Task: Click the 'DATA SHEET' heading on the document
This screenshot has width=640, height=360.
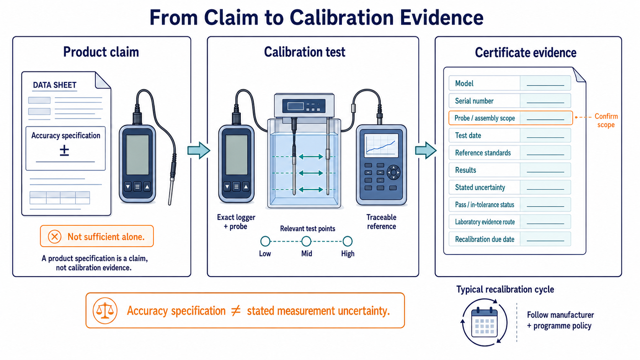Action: (x=55, y=85)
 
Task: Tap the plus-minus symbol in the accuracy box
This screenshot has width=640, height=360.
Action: (x=64, y=150)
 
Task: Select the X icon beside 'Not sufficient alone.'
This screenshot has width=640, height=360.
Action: (x=55, y=237)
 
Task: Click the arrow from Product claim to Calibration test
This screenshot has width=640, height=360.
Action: (x=199, y=150)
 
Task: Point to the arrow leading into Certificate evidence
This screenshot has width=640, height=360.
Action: (x=426, y=150)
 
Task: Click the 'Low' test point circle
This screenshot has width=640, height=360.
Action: (x=265, y=241)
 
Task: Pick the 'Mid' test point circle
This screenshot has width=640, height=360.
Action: (x=306, y=241)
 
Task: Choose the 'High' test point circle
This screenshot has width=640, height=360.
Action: (x=348, y=241)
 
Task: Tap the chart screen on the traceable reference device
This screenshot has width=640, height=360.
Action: (x=382, y=145)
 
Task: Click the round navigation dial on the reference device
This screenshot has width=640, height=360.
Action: (x=393, y=172)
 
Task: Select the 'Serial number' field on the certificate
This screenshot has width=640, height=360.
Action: (x=510, y=101)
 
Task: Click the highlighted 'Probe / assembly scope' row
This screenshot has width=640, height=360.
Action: (x=511, y=118)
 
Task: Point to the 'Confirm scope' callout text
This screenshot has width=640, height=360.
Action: (x=606, y=121)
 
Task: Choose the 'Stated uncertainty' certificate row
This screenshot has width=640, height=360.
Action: (x=510, y=187)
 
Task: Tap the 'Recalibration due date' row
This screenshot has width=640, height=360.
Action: (x=510, y=239)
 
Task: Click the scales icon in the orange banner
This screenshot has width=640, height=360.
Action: (x=105, y=311)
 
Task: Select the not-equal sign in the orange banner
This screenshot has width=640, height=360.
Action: (x=236, y=311)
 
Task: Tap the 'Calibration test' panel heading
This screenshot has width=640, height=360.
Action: (x=305, y=52)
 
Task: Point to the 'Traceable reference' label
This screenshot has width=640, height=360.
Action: (x=381, y=222)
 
